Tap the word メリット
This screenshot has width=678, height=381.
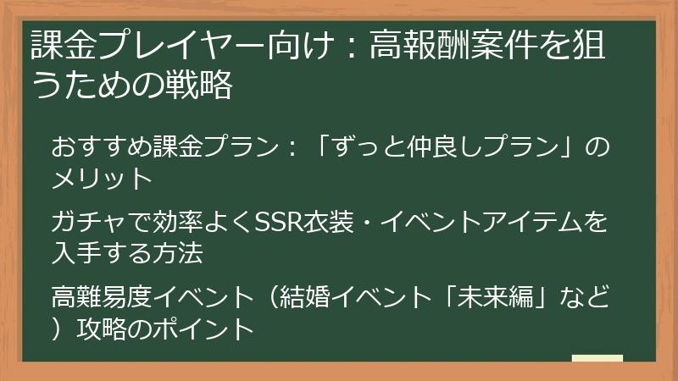[x=102, y=179]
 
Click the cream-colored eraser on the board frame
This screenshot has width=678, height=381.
[x=597, y=359]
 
